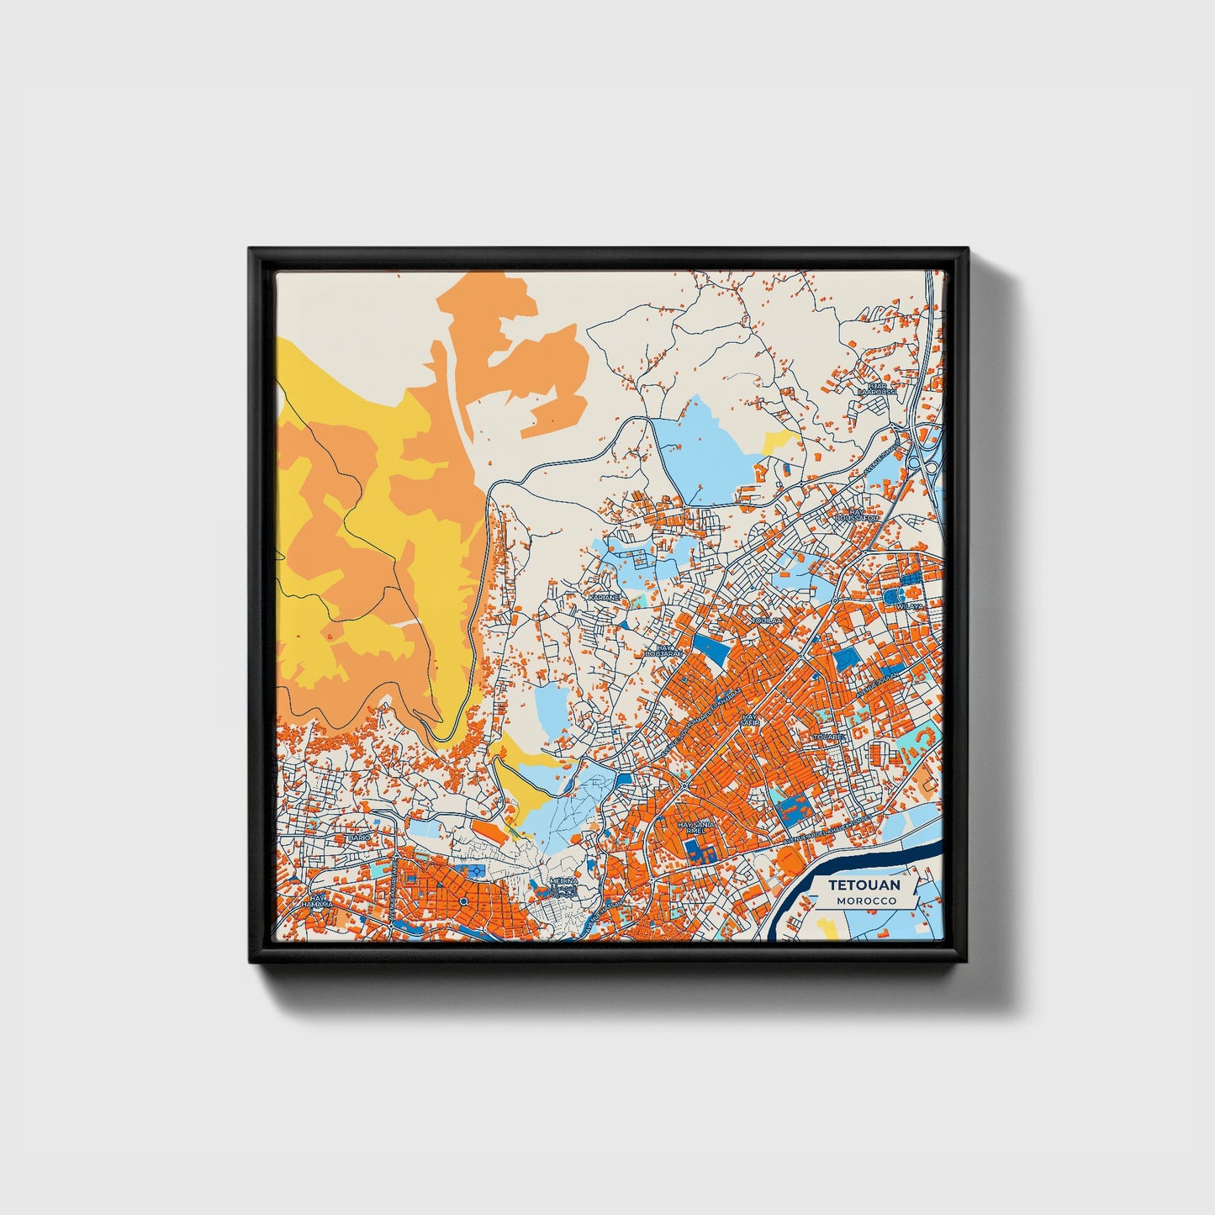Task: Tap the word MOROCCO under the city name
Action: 865,901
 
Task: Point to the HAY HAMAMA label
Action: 318,901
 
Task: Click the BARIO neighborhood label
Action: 359,838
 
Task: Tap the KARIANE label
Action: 604,597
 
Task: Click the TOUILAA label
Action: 766,620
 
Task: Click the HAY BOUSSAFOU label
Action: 857,515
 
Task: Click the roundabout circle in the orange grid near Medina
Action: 463,902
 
